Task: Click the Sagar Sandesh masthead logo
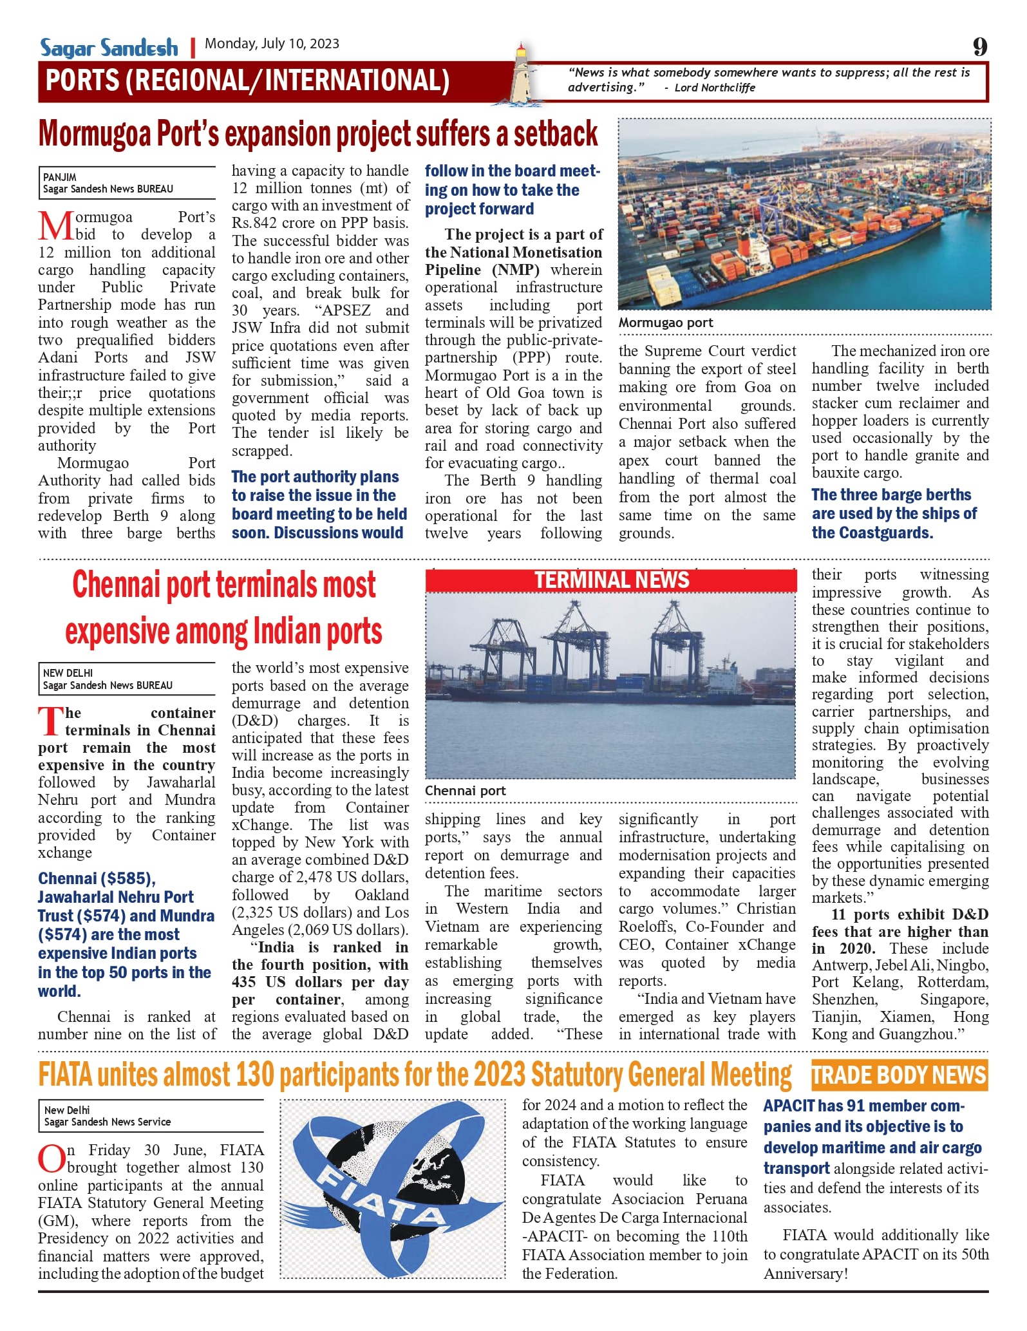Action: tap(109, 47)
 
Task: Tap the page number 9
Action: tap(979, 46)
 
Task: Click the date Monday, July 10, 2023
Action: tap(272, 44)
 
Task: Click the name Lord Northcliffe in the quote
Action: tap(715, 88)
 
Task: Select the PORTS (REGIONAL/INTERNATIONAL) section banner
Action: tap(247, 81)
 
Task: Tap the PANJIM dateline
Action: tap(60, 177)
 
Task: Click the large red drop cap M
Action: tap(55, 225)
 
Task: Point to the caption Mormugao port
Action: tap(666, 323)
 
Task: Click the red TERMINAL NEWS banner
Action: tap(611, 580)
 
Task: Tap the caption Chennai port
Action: tap(465, 791)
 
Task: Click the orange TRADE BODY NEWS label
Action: tap(899, 1075)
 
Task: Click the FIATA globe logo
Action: tap(392, 1189)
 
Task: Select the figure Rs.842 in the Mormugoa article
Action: tap(254, 223)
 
